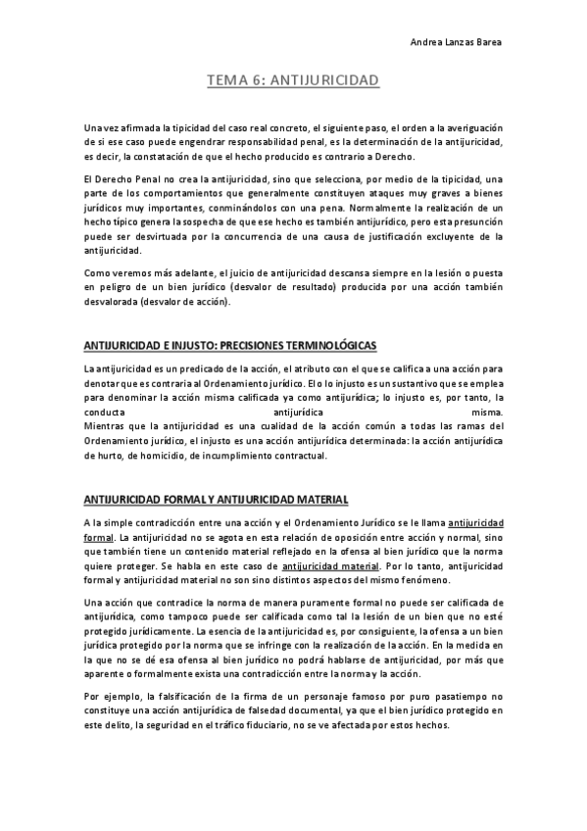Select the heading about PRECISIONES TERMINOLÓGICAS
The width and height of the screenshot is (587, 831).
point(230,347)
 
